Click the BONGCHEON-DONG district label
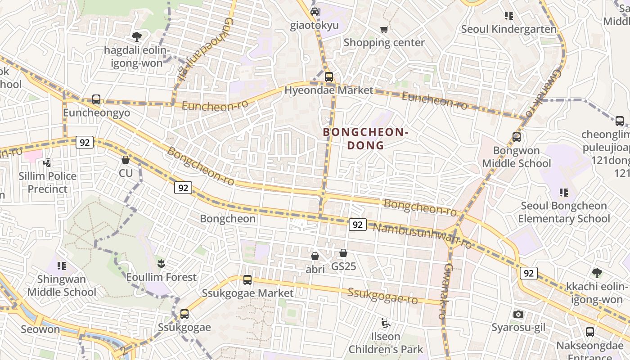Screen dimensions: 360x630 tap(365, 139)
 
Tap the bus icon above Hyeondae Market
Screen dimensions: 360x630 tap(329, 77)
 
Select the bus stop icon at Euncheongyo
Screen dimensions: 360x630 tap(96, 99)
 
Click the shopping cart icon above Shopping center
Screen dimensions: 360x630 tap(384, 29)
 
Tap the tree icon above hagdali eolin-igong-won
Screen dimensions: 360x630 tap(136, 36)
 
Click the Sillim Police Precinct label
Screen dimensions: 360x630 tap(47, 182)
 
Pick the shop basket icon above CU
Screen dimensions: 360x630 tap(126, 160)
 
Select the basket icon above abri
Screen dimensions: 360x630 tap(315, 256)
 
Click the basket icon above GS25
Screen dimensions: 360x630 tap(343, 253)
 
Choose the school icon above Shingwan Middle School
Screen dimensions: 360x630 tap(62, 266)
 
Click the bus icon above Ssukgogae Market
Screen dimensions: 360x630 tap(247, 280)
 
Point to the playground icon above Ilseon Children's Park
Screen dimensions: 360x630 tap(385, 323)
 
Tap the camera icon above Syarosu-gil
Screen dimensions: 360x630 tap(518, 314)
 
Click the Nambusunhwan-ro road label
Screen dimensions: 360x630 tap(422, 235)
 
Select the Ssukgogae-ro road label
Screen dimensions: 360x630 tap(382, 296)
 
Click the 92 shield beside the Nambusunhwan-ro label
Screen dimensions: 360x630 tap(357, 225)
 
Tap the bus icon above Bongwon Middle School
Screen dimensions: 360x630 tap(517, 137)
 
